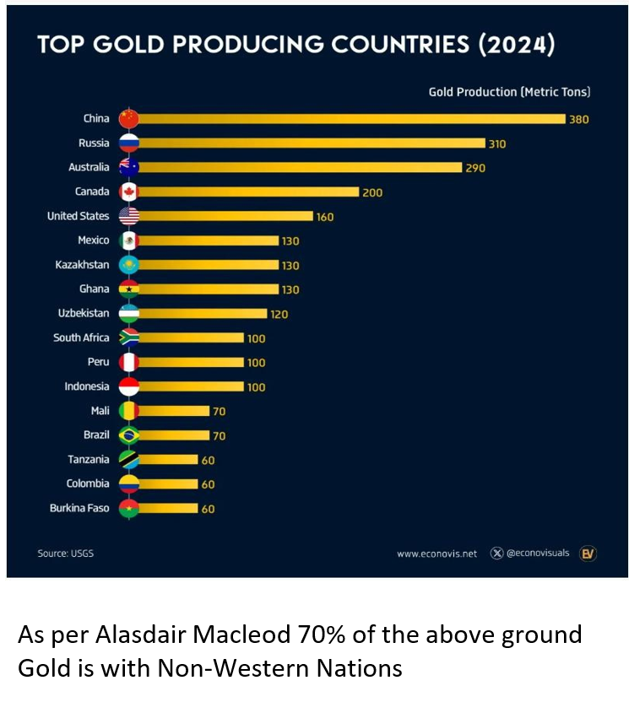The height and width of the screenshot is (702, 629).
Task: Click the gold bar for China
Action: pos(350,119)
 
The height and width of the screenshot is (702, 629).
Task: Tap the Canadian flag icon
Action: pos(129,192)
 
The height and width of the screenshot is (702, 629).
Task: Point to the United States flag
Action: pos(129,216)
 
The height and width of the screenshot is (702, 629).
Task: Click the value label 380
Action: pos(578,120)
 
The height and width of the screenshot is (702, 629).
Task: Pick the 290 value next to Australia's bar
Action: pos(475,168)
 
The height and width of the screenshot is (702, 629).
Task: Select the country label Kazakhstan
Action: pos(82,265)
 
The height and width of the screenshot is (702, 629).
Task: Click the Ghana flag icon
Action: pos(129,289)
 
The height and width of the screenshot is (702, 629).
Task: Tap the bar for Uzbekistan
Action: pos(203,314)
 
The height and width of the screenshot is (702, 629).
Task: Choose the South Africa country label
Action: pos(81,337)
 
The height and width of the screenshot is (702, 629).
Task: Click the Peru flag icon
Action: pos(129,363)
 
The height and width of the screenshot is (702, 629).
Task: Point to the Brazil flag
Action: pos(129,435)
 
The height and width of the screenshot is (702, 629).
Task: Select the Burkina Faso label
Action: pos(79,509)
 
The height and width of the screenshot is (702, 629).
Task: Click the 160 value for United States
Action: pos(325,217)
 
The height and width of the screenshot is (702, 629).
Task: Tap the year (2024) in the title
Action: pos(517,45)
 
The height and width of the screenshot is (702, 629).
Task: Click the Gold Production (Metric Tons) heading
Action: pos(509,92)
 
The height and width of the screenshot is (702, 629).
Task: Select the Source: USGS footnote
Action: pos(65,553)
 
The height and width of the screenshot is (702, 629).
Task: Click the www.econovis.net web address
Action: pos(437,554)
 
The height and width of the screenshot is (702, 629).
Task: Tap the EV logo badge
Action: pos(588,553)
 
